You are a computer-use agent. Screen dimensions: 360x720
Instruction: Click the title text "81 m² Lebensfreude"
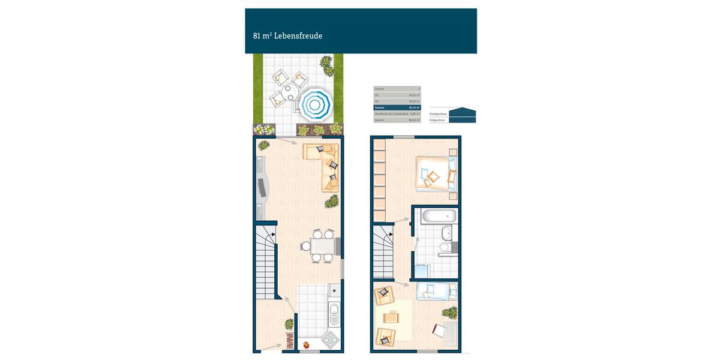pyautogui.click(x=287, y=36)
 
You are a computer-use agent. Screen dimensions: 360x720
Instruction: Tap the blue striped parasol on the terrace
pyautogui.click(x=316, y=103)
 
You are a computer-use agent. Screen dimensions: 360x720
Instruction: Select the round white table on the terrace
pyautogui.click(x=289, y=92)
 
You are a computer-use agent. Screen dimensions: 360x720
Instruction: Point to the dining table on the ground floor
pyautogui.click(x=322, y=246)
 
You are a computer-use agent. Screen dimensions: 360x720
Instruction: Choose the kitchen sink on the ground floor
pyautogui.click(x=334, y=311)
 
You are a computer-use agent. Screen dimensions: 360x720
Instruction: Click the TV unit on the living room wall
pyautogui.click(x=262, y=187)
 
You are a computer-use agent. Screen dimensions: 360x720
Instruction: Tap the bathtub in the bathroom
pyautogui.click(x=438, y=216)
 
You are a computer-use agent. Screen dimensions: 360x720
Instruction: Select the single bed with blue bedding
pyautogui.click(x=436, y=290)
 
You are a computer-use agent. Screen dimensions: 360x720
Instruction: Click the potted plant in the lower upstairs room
pyautogui.click(x=449, y=312)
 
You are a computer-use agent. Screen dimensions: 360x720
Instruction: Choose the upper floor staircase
pyautogui.click(x=383, y=252)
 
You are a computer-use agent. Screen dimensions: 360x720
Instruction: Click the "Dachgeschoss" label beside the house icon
pyautogui.click(x=439, y=113)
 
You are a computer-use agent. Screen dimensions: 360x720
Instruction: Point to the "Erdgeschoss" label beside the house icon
pyautogui.click(x=438, y=120)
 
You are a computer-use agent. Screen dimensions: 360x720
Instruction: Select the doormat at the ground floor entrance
pyautogui.click(x=289, y=343)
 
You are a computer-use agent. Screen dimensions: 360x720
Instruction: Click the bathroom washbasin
pyautogui.click(x=445, y=233)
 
